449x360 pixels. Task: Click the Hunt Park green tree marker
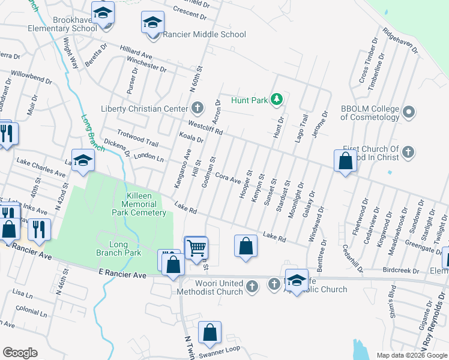pos(276,100)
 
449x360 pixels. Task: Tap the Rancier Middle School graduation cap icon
pos(152,23)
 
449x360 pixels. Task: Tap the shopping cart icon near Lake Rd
pos(196,247)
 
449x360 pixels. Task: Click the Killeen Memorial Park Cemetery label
pos(137,205)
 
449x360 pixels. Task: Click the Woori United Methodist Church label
pos(210,287)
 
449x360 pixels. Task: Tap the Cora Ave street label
pos(228,178)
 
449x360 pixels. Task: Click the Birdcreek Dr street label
pos(401,271)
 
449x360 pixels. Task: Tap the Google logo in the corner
pos(20,352)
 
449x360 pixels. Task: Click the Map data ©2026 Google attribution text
pos(411,355)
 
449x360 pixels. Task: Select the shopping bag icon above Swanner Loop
pos(210,333)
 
